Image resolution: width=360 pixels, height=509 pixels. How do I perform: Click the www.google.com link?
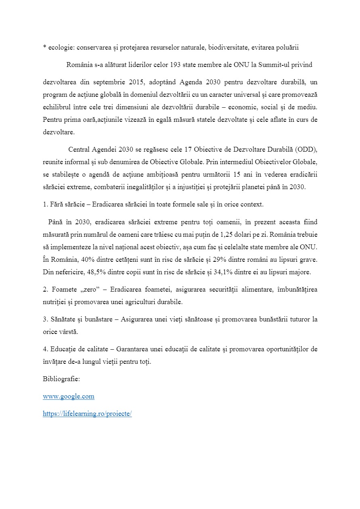coord(69,396)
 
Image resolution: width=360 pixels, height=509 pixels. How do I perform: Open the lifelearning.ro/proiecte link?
coord(87,414)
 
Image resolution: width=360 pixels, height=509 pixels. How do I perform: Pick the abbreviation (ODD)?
coord(306,149)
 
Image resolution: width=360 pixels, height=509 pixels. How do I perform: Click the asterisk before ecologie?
coord(44,47)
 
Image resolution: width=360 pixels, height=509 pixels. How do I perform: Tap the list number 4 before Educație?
coord(45,349)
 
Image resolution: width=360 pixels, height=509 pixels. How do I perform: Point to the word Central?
coord(80,149)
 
